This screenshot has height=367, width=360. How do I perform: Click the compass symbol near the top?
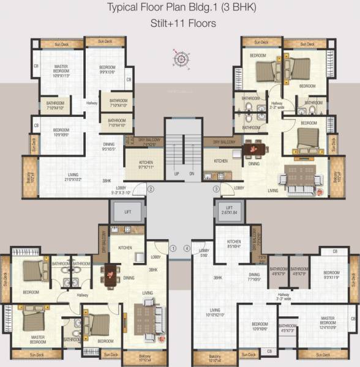[x=181, y=59]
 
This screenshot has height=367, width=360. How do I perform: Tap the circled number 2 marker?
[x=151, y=190]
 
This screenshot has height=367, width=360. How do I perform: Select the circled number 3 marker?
[x=216, y=190]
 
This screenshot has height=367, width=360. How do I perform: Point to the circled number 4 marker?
[x=187, y=248]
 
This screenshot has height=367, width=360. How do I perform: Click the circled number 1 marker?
[x=173, y=248]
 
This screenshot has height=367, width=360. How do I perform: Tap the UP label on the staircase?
[x=176, y=174]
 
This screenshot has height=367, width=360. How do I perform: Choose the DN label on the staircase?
[x=191, y=174]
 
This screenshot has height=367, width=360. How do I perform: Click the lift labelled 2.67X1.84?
[x=229, y=210]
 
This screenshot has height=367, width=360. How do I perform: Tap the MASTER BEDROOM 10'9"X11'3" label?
[x=61, y=71]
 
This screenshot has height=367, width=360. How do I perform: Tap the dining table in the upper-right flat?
[x=252, y=149]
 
